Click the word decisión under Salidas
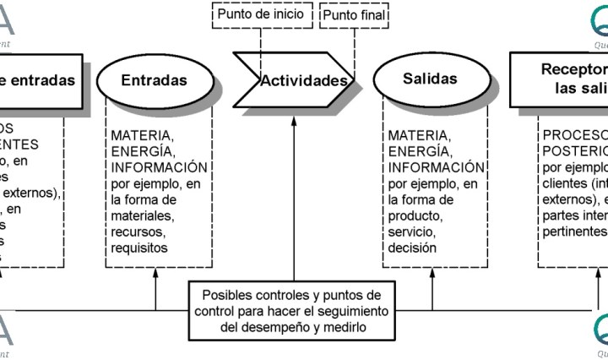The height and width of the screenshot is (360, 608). coord(412,248)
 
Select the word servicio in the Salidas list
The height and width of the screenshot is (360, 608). coord(411,232)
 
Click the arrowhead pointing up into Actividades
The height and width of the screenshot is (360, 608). coord(294,120)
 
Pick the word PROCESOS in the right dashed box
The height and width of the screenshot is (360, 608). coord(574,135)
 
